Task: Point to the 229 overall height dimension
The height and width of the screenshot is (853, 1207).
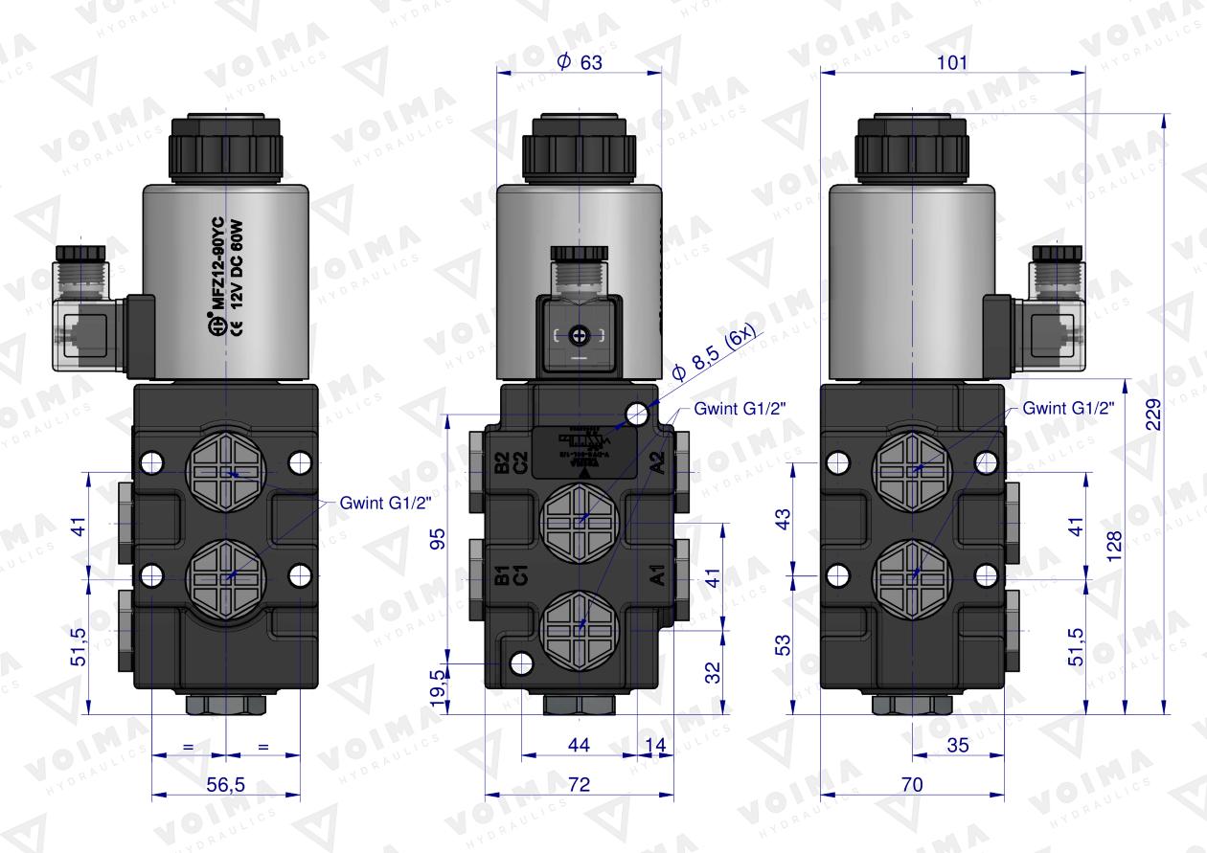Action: point(1153,414)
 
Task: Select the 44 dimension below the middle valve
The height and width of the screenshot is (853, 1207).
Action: point(578,743)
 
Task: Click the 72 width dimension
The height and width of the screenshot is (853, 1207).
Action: point(578,784)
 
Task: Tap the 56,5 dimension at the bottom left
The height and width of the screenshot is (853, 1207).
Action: point(226,784)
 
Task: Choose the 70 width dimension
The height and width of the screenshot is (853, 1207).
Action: point(912,784)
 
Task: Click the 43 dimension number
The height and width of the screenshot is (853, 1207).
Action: point(783,521)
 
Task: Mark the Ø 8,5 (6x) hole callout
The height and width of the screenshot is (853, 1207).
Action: point(713,352)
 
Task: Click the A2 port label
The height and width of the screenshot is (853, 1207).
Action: point(658,463)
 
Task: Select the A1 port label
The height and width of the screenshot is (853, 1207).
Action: point(658,576)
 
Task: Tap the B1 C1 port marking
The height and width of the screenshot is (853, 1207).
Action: point(509,575)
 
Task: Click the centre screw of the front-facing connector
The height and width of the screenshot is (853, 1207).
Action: point(578,336)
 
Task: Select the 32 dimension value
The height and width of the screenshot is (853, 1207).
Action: point(710,672)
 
